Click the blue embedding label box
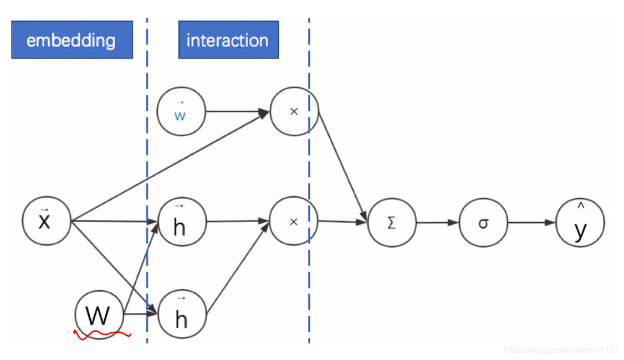tap(72, 40)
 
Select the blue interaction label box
tap(228, 40)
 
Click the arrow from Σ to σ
tap(438, 222)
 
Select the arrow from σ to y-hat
tap(531, 222)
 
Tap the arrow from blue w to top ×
tap(238, 111)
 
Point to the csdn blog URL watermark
tap(561, 349)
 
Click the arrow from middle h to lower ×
tap(238, 221)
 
